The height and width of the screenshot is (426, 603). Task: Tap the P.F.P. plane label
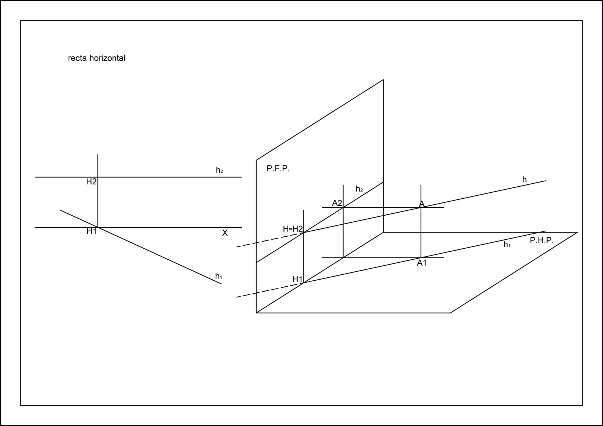278,169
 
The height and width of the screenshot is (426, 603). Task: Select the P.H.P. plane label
542,241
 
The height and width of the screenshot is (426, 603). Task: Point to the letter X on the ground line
225,233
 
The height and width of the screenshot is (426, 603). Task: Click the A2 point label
337,203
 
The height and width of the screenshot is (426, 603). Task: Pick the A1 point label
422,263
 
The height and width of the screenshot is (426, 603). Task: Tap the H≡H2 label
293,229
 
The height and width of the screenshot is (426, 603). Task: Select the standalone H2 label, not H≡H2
91,182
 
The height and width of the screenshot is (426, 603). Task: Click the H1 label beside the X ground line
92,232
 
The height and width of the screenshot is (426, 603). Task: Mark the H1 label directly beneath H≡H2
297,279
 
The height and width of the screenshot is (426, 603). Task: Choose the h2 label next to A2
359,189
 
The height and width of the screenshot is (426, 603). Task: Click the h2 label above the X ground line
219,170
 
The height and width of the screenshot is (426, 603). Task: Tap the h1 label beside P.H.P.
507,245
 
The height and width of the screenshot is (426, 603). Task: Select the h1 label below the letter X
219,276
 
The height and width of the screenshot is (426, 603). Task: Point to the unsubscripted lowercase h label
524,180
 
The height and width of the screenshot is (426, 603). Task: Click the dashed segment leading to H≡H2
269,240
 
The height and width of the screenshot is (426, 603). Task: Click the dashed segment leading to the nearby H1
269,290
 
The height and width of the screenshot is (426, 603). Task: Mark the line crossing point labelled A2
343,207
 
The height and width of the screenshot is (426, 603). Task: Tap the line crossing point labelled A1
421,258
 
